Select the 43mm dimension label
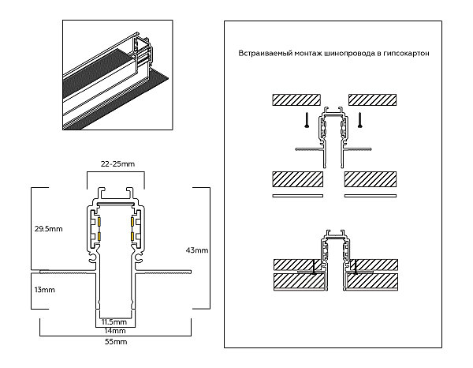tap(197, 250)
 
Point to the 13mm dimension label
tap(44, 290)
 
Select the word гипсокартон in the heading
tap(406, 54)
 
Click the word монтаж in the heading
tap(309, 54)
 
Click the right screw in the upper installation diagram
tap(360, 120)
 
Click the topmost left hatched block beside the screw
tap(295, 100)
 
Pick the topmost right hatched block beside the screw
tap(371, 100)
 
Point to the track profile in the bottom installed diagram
tap(333, 257)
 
